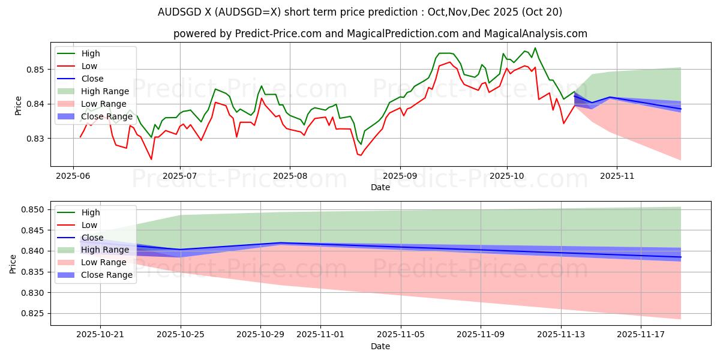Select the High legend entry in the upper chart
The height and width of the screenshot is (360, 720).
coord(91,54)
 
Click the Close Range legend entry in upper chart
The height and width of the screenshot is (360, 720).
coord(107,116)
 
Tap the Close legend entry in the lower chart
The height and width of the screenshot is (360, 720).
coord(92,238)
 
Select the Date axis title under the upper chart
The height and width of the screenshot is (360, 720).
coord(380,188)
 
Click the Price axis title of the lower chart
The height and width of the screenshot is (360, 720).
coord(13,263)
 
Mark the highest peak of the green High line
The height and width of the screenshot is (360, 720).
coord(535,48)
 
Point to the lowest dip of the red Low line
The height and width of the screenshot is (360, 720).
coord(151,159)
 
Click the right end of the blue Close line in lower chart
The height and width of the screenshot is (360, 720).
coord(680,257)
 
